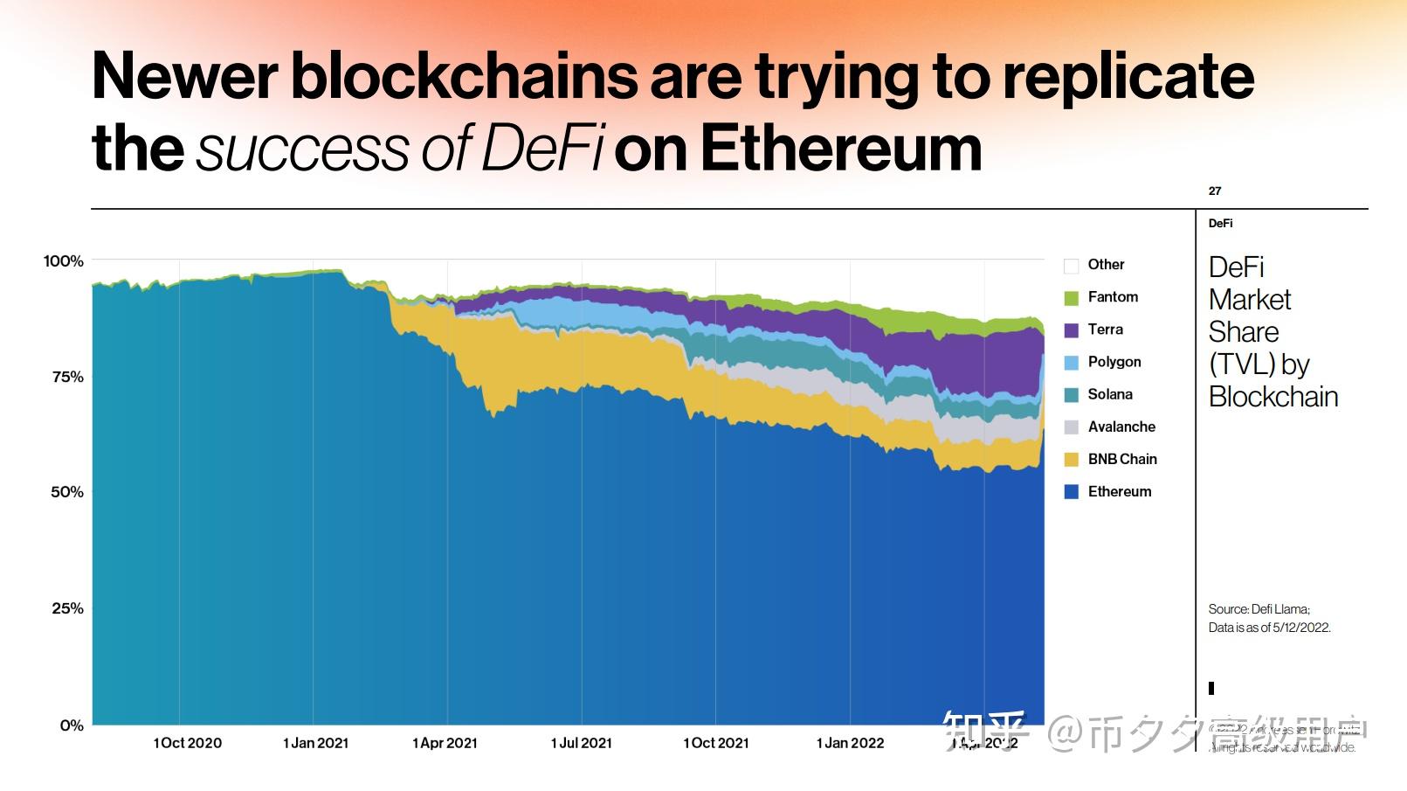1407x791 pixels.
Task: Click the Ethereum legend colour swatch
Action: coord(1072,492)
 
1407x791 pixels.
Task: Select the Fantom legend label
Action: coord(1113,297)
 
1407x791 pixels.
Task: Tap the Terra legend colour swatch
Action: coord(1072,330)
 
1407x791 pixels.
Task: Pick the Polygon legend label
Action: coord(1114,362)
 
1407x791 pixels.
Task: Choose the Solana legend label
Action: coord(1110,394)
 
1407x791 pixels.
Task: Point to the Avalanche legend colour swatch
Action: coord(1072,427)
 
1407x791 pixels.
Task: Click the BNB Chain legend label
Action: coord(1122,459)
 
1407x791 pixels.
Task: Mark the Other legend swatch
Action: coord(1072,266)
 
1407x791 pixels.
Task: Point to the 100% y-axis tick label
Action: coord(64,261)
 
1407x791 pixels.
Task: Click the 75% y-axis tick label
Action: coord(67,377)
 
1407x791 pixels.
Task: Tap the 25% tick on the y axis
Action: coord(67,608)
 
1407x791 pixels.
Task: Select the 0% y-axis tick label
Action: coord(72,725)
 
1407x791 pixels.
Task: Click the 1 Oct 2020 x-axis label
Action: coord(187,743)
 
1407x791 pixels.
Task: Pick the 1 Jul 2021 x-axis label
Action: coord(581,743)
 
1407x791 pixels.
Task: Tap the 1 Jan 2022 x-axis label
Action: coord(850,743)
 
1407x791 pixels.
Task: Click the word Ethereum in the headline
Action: coord(841,149)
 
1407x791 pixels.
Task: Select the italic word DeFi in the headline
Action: coord(542,149)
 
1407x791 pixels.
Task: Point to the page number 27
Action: coord(1215,191)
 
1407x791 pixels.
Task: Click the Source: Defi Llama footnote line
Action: coord(1259,609)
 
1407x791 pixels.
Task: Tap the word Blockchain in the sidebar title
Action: coord(1273,397)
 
